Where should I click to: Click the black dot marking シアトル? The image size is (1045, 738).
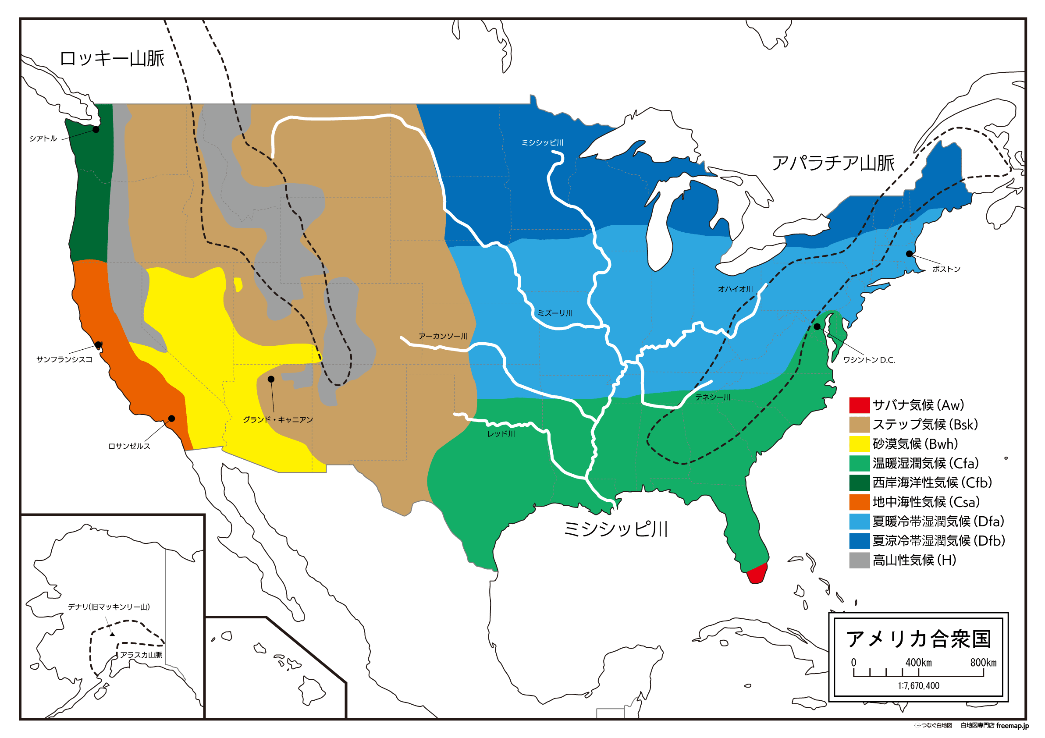tap(96, 130)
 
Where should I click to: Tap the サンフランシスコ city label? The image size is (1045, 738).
tap(64, 359)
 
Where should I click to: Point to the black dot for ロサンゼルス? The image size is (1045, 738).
tap(171, 419)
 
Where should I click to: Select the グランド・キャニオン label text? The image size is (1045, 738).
tap(277, 419)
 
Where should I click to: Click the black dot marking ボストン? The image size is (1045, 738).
tap(910, 254)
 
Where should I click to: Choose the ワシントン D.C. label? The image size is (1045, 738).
tap(869, 360)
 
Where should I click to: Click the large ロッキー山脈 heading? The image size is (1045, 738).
tap(112, 59)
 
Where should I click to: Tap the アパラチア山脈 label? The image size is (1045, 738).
tap(833, 163)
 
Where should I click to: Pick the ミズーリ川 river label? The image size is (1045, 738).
tap(555, 313)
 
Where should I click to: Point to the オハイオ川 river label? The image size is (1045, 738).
tap(735, 289)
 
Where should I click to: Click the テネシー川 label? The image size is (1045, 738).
tap(712, 397)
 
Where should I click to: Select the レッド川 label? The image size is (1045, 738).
tap(501, 434)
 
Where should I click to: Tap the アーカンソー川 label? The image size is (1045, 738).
tap(443, 336)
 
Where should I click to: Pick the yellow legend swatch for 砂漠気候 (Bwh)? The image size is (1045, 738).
tap(859, 444)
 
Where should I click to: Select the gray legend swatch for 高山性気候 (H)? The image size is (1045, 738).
tap(859, 561)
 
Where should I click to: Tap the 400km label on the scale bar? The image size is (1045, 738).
tap(918, 663)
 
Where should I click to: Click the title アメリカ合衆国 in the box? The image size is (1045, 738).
tap(918, 639)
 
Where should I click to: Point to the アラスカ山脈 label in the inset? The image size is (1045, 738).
tap(141, 655)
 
